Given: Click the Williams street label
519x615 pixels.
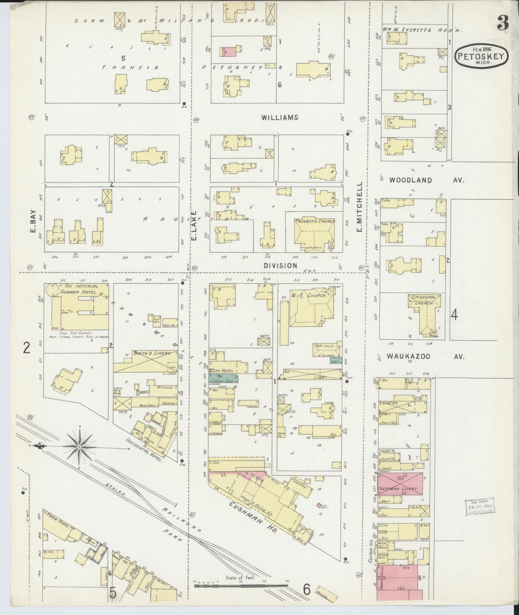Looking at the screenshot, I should pos(280,117).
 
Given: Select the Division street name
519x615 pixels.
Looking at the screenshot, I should pos(280,265).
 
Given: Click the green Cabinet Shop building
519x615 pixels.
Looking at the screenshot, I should pos(223,379).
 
